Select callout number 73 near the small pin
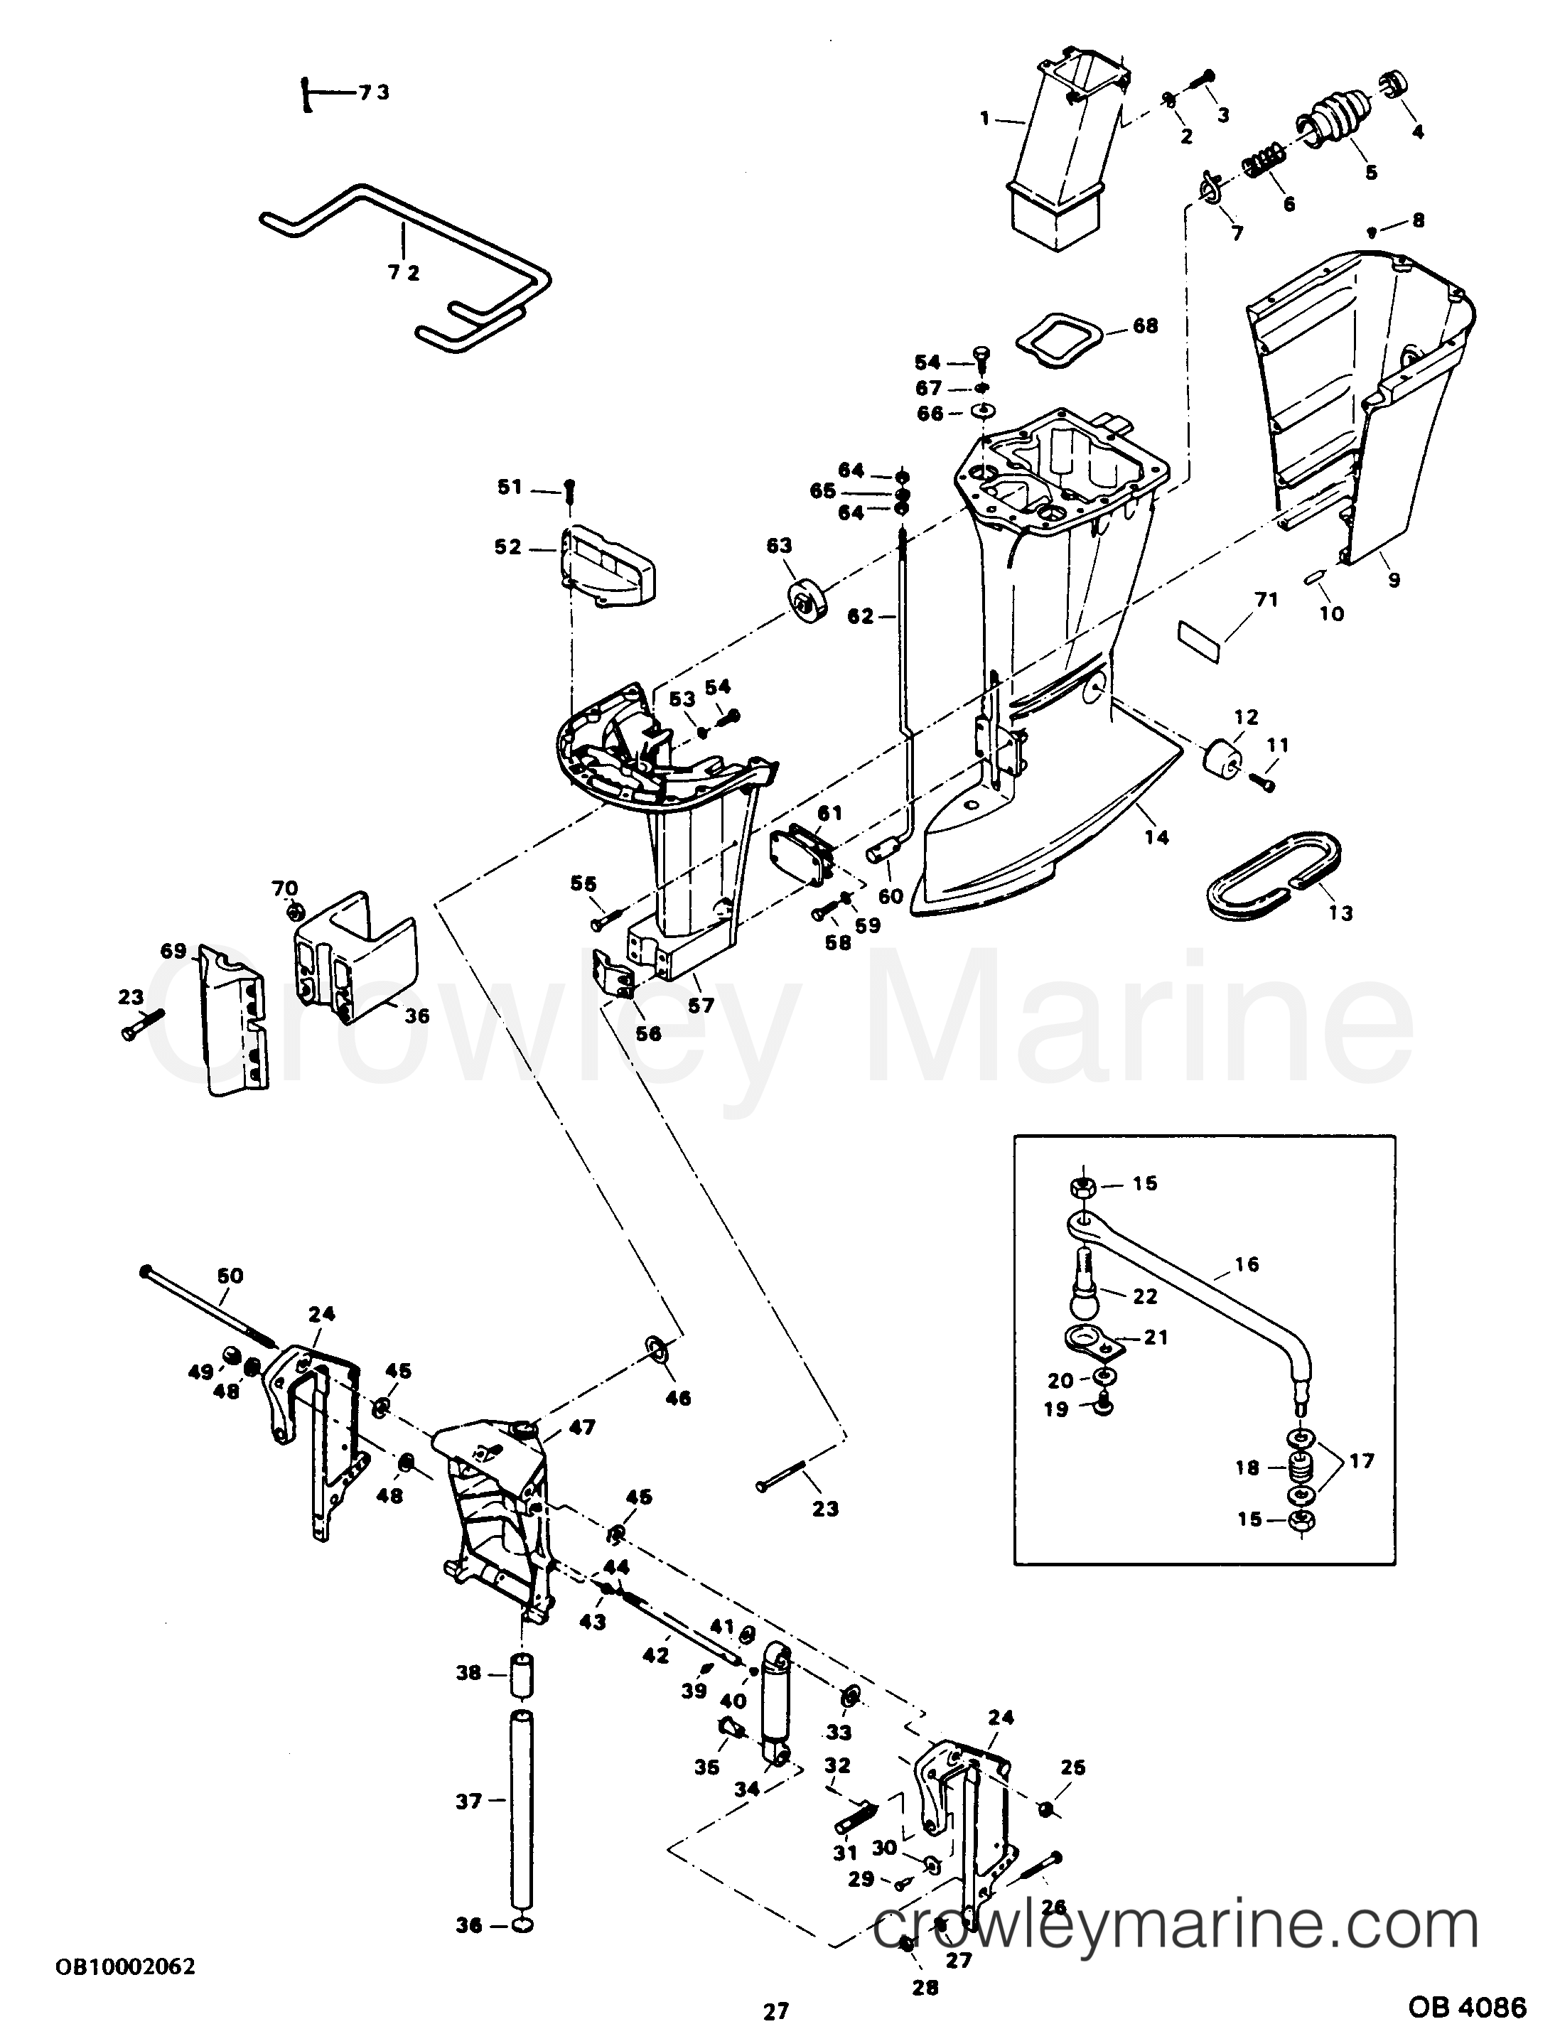pos(374,92)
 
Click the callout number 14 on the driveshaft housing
pos(1156,837)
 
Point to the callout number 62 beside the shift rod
pos(860,615)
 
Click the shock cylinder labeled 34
pos(774,1697)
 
